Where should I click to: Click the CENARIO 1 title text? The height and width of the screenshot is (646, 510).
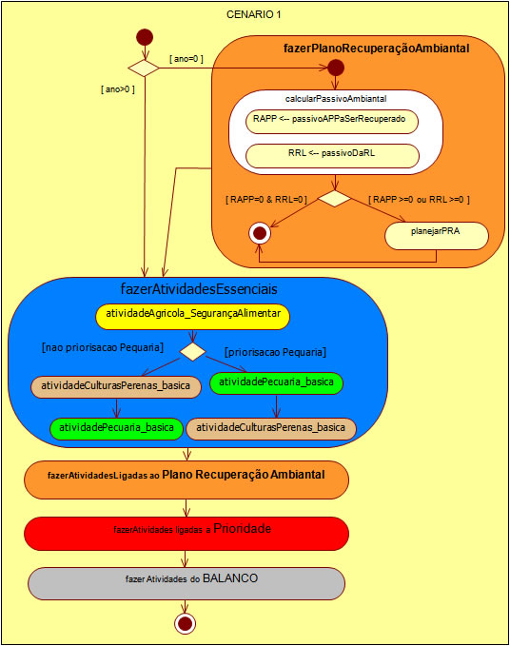coord(253,15)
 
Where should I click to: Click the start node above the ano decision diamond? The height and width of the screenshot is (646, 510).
coord(144,37)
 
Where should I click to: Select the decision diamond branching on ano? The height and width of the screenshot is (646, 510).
coord(144,68)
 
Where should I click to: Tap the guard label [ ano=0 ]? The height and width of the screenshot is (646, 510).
coord(186,59)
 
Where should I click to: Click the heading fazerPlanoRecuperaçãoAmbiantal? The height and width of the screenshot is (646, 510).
coord(376,48)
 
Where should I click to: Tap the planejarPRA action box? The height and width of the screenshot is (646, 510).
coord(436,236)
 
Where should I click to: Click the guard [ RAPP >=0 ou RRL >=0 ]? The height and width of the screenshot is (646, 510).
coord(419,199)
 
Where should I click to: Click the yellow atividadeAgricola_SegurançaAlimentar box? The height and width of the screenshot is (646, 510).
coord(191,316)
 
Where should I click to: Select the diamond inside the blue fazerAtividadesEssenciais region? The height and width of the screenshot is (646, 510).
coord(193,351)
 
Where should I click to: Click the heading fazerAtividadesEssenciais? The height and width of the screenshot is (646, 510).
coord(198,286)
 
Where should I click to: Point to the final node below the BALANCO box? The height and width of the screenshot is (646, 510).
coord(186,623)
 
